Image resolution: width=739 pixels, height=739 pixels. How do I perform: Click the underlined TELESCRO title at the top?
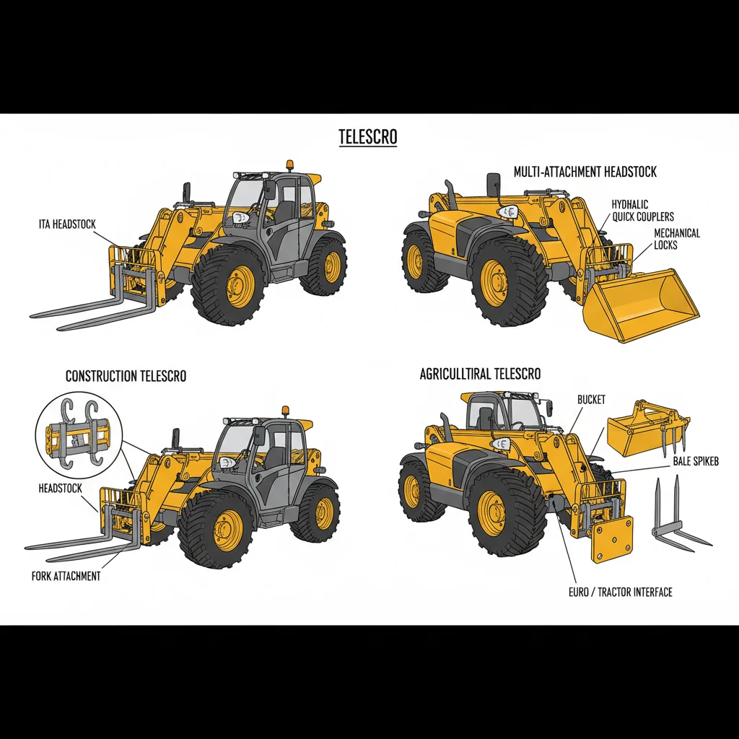click(368, 136)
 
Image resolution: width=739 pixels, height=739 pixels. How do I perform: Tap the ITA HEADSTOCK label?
click(67, 225)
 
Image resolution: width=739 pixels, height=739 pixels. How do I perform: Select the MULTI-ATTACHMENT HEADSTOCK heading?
click(585, 172)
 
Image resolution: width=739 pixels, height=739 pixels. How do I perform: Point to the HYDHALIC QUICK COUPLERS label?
click(642, 210)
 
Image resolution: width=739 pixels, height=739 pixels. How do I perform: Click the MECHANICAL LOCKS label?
click(676, 239)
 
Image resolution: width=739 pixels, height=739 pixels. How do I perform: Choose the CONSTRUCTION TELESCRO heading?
click(126, 376)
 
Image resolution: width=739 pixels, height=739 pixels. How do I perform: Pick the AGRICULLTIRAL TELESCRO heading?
click(480, 374)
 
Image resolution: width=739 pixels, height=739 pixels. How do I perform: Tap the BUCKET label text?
click(591, 400)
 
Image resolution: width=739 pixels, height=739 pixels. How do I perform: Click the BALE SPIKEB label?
click(696, 460)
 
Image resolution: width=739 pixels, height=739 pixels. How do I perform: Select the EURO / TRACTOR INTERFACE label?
click(620, 592)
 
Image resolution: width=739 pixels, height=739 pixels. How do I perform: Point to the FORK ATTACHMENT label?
click(66, 577)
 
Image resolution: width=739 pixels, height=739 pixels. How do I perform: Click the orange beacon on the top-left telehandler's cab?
click(290, 165)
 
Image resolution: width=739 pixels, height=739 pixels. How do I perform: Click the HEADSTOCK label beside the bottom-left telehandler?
click(60, 489)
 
